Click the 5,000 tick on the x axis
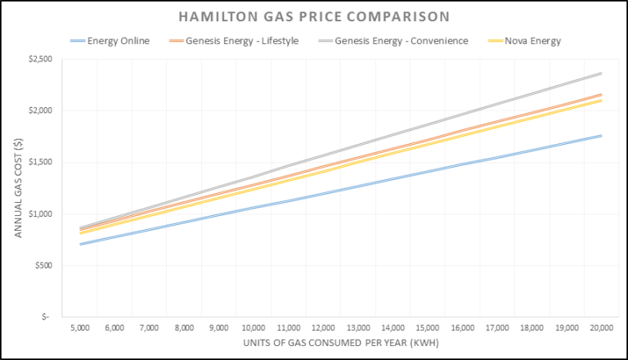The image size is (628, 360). coord(79,327)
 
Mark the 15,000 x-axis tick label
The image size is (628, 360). coord(427,327)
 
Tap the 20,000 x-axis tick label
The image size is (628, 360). coord(601,327)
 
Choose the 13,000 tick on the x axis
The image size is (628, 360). coord(357,327)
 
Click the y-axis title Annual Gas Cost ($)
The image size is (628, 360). coord(17,187)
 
